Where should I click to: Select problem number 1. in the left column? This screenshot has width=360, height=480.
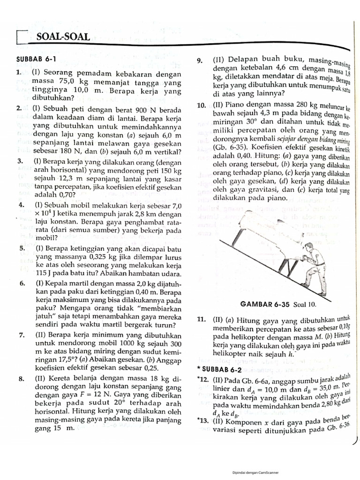[x=19, y=73]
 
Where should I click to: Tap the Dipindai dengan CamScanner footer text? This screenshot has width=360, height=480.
[x=255, y=472]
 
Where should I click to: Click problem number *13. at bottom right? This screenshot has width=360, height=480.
[x=202, y=421]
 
